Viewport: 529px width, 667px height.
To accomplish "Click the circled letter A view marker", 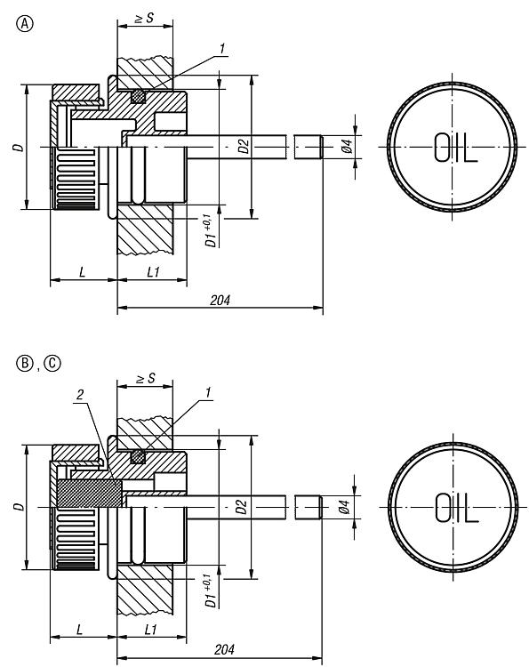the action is (x=25, y=24).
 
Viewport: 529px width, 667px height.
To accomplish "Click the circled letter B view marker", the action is (x=25, y=363).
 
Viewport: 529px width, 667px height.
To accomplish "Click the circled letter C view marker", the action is (x=53, y=363).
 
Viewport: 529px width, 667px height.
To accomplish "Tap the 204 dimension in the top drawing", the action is (x=220, y=300).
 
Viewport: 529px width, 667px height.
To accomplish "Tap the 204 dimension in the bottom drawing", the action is (x=224, y=649).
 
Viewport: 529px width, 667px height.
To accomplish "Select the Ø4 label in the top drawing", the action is (x=347, y=146).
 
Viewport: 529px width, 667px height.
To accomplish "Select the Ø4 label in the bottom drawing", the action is (x=345, y=507).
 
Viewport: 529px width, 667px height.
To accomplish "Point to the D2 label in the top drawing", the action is (x=244, y=146).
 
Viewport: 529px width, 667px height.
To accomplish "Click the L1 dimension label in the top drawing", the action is (x=153, y=272).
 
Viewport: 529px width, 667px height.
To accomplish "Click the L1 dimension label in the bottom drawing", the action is (x=151, y=630).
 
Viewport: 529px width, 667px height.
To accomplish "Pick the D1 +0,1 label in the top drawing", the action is (x=211, y=231).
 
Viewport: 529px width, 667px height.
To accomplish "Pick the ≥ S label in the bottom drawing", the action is (x=146, y=378).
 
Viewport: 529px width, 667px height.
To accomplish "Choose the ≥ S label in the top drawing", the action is (x=144, y=19).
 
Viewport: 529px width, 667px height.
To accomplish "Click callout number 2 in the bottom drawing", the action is (x=79, y=395).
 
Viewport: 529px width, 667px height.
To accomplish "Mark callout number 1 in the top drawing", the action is (x=221, y=49).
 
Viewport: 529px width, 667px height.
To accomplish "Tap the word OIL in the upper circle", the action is (x=456, y=147).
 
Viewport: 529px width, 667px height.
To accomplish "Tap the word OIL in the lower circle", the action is (x=457, y=508).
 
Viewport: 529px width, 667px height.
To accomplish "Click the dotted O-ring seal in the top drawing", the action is (x=137, y=97).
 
